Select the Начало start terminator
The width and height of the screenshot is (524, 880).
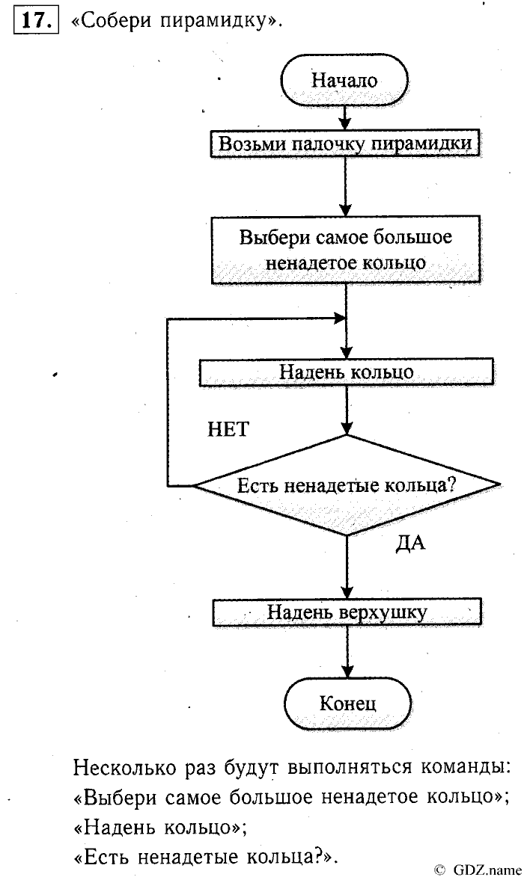click(344, 80)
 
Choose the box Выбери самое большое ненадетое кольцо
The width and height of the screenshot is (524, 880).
click(345, 250)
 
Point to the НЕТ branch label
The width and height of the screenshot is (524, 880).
click(228, 429)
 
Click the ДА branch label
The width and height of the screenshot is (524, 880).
click(409, 544)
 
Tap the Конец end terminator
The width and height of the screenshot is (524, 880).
click(347, 703)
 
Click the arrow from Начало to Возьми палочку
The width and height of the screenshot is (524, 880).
click(344, 117)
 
